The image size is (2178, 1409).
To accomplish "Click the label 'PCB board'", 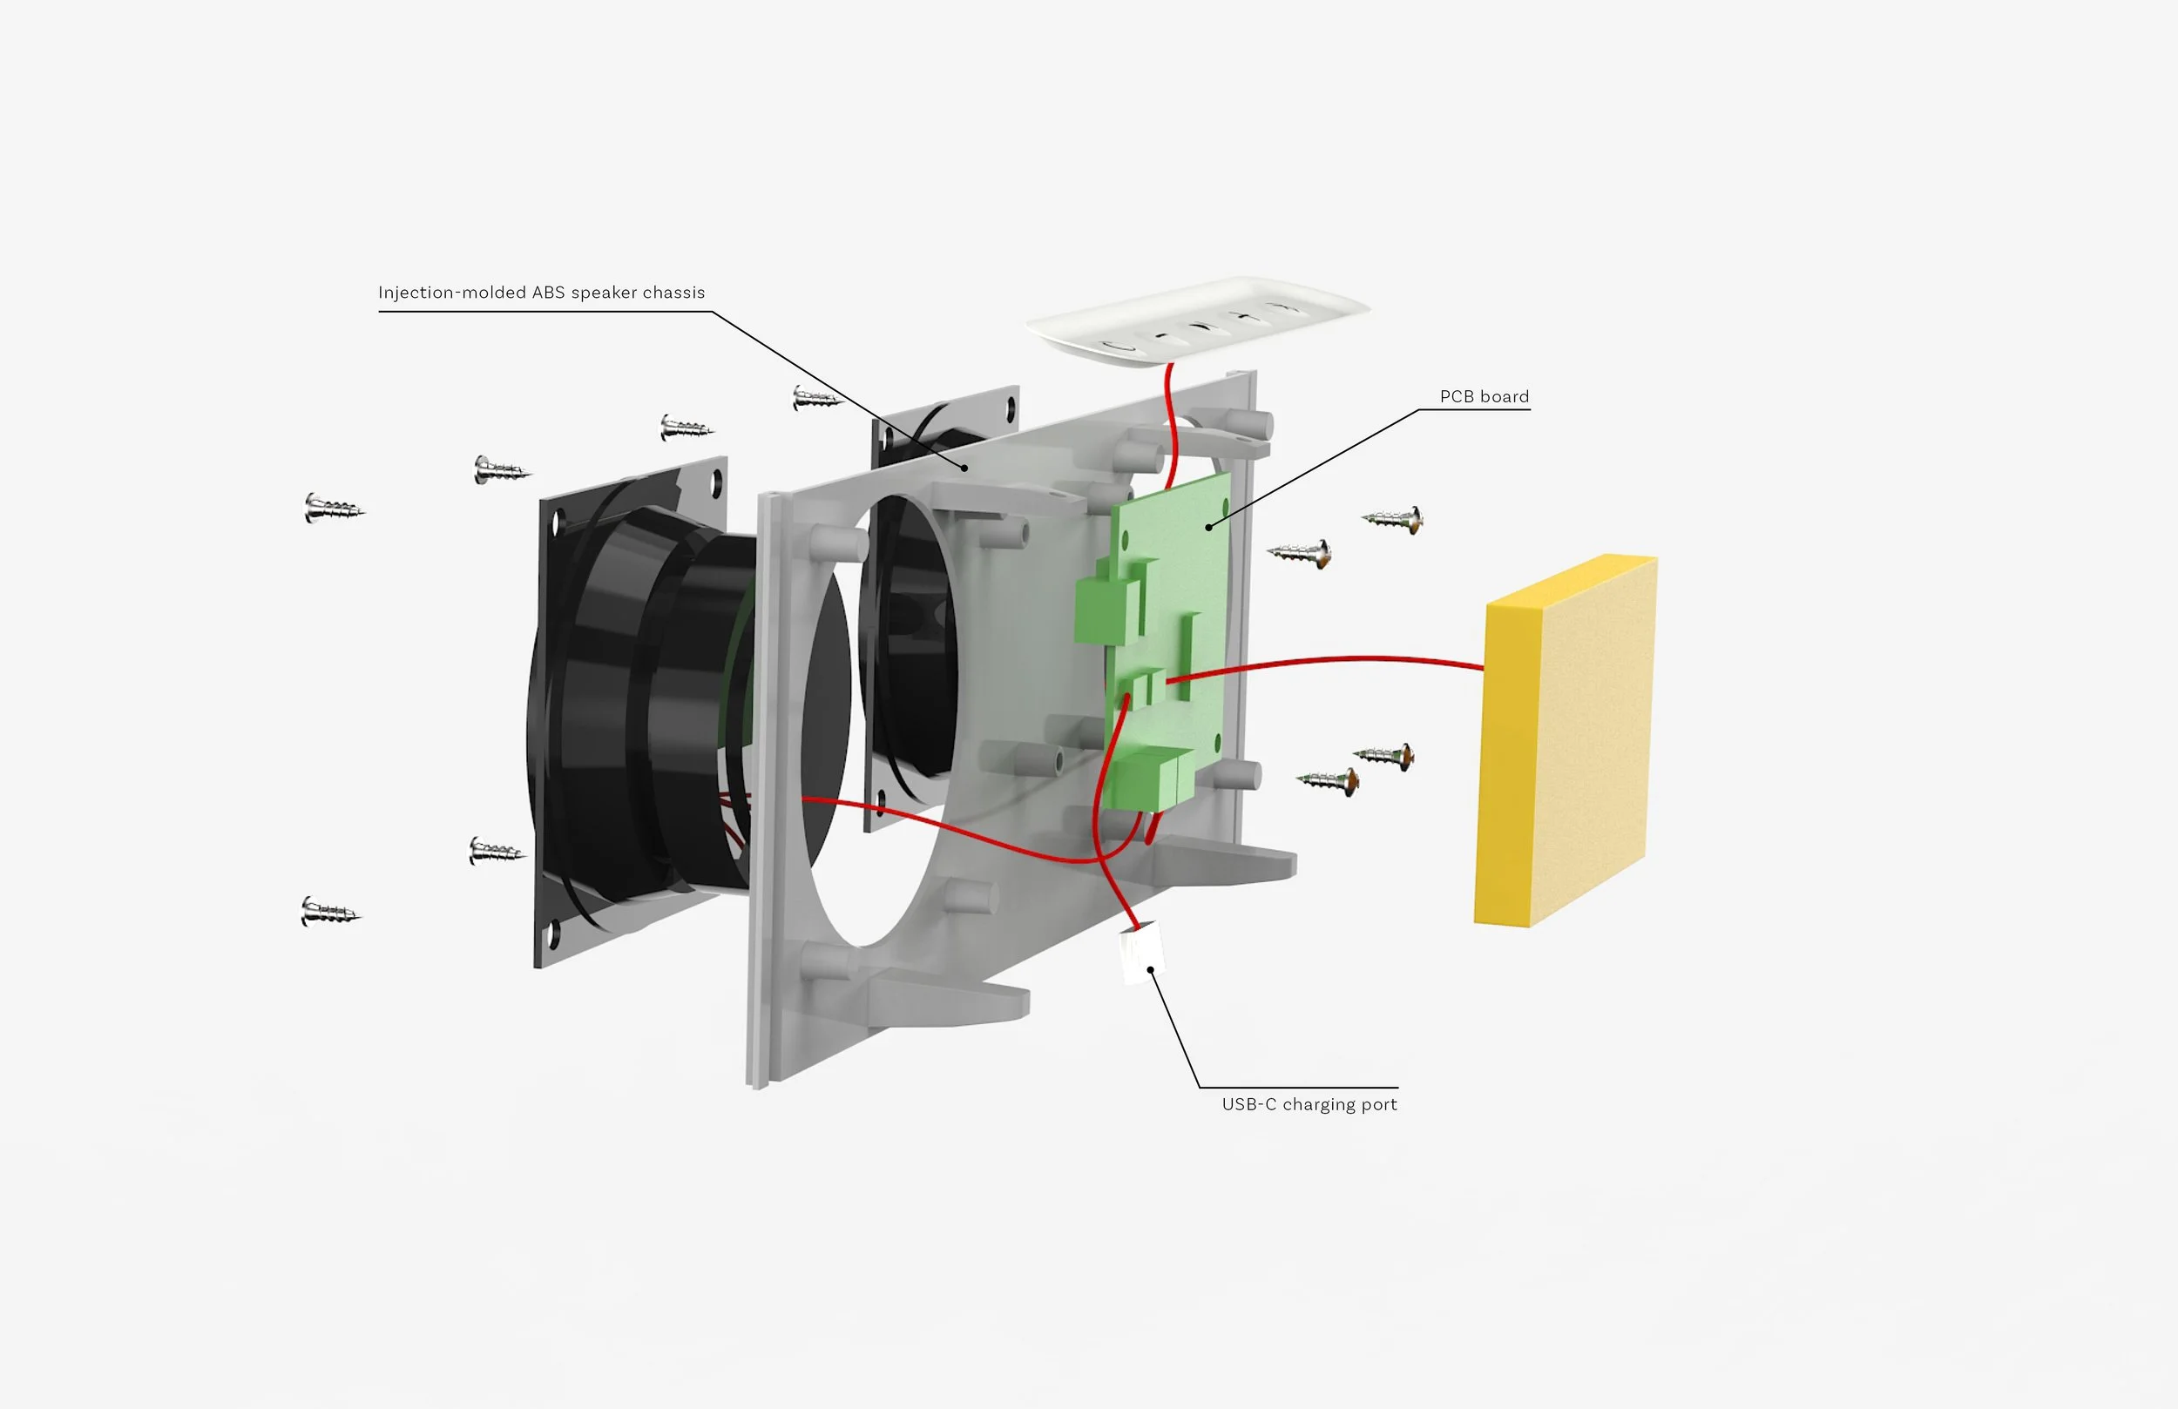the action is (1484, 396).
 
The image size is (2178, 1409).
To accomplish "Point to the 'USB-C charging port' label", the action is (1309, 1104).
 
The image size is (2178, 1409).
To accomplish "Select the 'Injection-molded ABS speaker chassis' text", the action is (541, 293).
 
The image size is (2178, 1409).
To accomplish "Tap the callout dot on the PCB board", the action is (1208, 527).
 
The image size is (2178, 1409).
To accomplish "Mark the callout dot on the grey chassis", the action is (964, 468).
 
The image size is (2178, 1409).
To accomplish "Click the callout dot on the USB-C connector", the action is (1149, 970).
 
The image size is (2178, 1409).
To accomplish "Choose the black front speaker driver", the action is (640, 714).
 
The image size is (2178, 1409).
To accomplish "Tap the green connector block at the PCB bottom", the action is (1148, 778).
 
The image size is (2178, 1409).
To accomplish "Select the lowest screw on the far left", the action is (329, 911).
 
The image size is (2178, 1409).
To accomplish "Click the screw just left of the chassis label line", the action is (815, 398).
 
